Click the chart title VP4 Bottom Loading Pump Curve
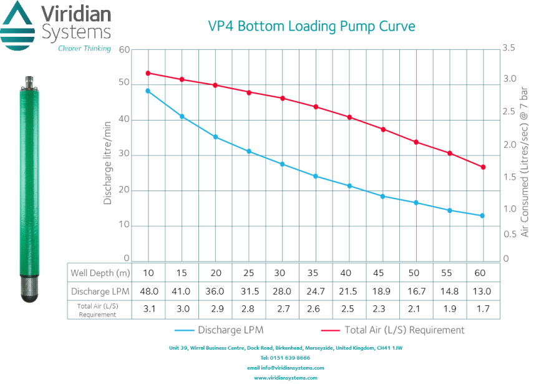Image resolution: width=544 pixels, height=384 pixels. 311,26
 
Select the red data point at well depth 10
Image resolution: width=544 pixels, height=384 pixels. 148,73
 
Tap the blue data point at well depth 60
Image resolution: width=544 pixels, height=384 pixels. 482,216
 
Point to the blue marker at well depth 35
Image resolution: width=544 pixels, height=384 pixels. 315,176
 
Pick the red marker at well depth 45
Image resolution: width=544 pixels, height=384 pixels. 382,129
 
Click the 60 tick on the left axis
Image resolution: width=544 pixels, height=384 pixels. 124,50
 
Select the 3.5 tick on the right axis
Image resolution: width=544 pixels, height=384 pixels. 510,48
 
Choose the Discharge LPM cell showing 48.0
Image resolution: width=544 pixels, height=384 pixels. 148,291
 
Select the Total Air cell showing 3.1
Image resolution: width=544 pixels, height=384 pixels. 148,310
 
